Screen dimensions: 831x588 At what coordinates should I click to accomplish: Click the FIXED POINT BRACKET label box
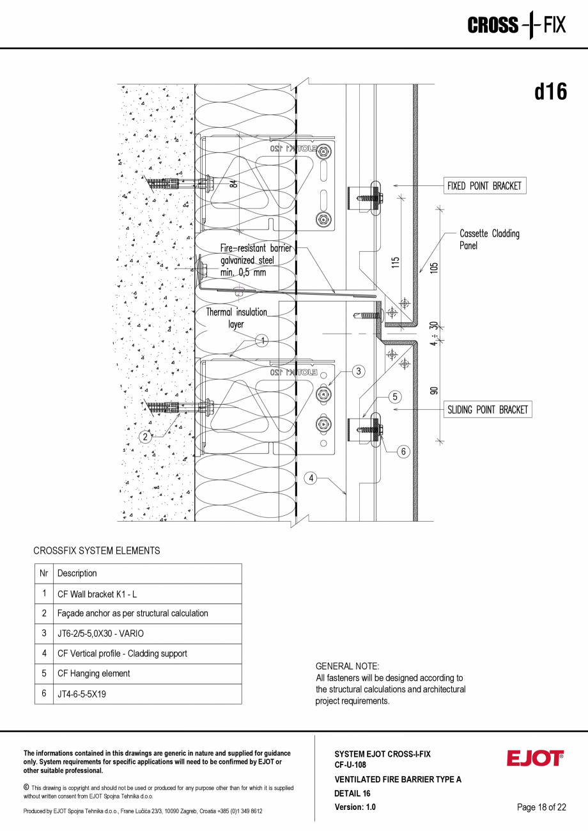coord(484,186)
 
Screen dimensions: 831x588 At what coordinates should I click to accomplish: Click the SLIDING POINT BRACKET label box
coord(488,410)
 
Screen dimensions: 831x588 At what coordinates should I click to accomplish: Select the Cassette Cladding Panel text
coord(489,239)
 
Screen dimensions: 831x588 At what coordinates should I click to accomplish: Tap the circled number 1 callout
coord(261,340)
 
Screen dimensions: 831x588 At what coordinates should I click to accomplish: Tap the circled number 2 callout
coord(146,437)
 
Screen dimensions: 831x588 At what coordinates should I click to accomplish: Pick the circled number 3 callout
coord(359,371)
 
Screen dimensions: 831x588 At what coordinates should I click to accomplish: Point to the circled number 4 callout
coord(311,478)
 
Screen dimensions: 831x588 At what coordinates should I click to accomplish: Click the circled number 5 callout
coord(396,397)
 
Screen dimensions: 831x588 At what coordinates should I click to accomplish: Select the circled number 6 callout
coord(403,451)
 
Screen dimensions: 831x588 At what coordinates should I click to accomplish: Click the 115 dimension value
coord(396,262)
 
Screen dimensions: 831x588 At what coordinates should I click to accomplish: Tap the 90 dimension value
coord(435,390)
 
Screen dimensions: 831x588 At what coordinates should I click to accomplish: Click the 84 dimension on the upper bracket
coord(234,183)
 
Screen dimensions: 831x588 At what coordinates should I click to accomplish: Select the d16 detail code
coord(550,91)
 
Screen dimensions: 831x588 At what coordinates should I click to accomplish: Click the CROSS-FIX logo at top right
coord(516,26)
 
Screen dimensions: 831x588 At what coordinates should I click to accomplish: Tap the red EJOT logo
coord(535,758)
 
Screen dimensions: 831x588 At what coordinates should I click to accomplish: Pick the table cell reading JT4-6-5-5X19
coord(148,694)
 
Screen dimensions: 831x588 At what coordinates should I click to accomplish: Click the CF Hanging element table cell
coord(148,673)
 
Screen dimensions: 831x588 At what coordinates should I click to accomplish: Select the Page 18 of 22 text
coord(541,807)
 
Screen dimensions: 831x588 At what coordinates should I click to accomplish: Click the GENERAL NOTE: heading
coord(347,666)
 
